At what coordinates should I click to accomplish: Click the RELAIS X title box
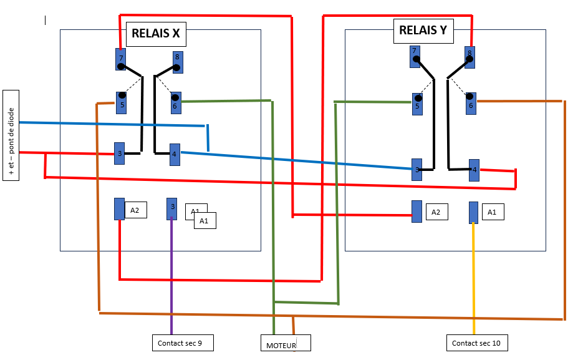[156, 34]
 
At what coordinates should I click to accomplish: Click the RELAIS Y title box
[423, 31]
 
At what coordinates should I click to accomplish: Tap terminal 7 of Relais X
[120, 59]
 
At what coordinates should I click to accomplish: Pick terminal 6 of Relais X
[176, 103]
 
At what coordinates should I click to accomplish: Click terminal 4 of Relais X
[175, 154]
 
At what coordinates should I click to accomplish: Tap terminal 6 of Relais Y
[471, 104]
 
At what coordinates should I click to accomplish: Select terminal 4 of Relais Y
[474, 170]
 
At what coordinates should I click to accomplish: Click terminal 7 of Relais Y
[415, 56]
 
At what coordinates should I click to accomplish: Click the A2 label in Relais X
[135, 211]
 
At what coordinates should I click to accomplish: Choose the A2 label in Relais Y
[436, 212]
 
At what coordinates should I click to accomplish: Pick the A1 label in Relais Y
[492, 212]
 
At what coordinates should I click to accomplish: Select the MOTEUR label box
[285, 343]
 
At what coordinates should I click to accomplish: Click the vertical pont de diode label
[11, 135]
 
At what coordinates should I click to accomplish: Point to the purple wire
[171, 275]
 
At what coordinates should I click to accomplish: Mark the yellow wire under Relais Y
[474, 275]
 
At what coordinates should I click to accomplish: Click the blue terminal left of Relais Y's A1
[473, 212]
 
